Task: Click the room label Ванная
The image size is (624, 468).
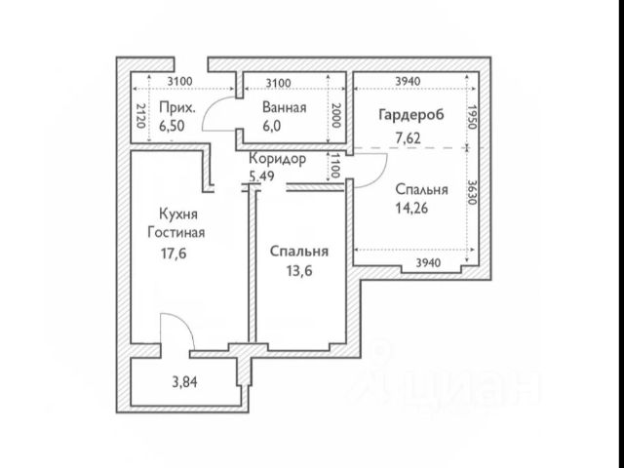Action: pos(285,108)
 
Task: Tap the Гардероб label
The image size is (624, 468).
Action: pos(410,115)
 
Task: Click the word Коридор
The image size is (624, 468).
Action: pos(277,159)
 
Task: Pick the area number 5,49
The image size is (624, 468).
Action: pos(263,175)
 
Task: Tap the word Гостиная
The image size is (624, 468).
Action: pos(176,232)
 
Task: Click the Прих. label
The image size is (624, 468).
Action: pos(179,108)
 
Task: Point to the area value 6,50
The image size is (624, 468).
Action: pos(177,126)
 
